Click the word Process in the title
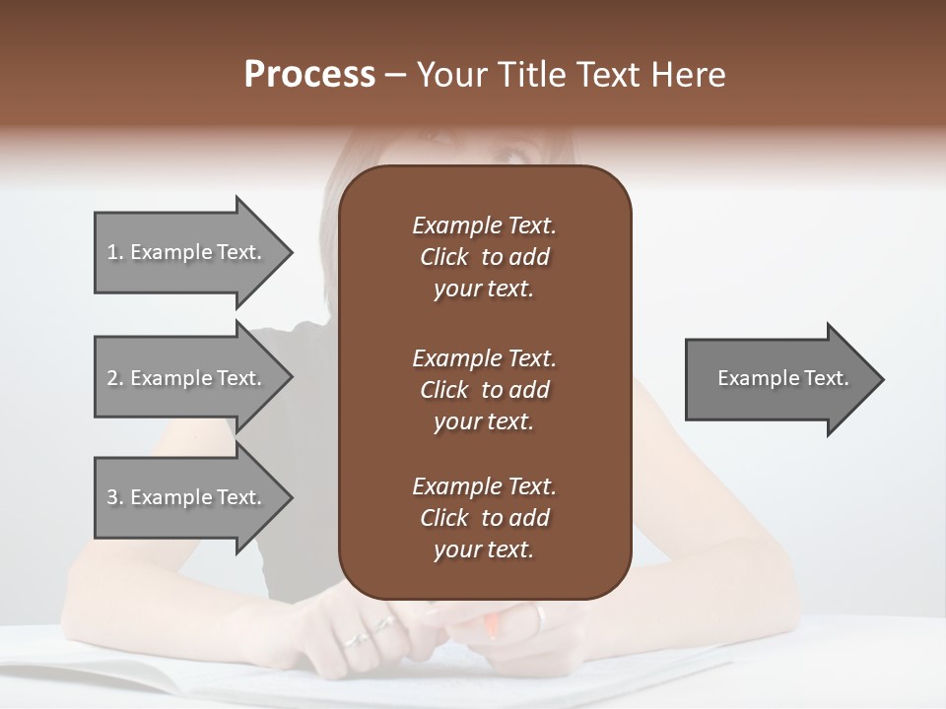(309, 75)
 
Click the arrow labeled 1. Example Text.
(187, 252)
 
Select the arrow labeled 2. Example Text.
(187, 378)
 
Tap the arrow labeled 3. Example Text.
(187, 497)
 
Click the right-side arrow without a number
(778, 379)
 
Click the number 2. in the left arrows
(115, 378)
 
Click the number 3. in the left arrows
(115, 497)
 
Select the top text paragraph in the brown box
(484, 257)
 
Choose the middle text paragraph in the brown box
(484, 390)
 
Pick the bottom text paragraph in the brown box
(484, 518)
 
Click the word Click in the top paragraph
(444, 257)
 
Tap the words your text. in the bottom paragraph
(484, 549)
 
